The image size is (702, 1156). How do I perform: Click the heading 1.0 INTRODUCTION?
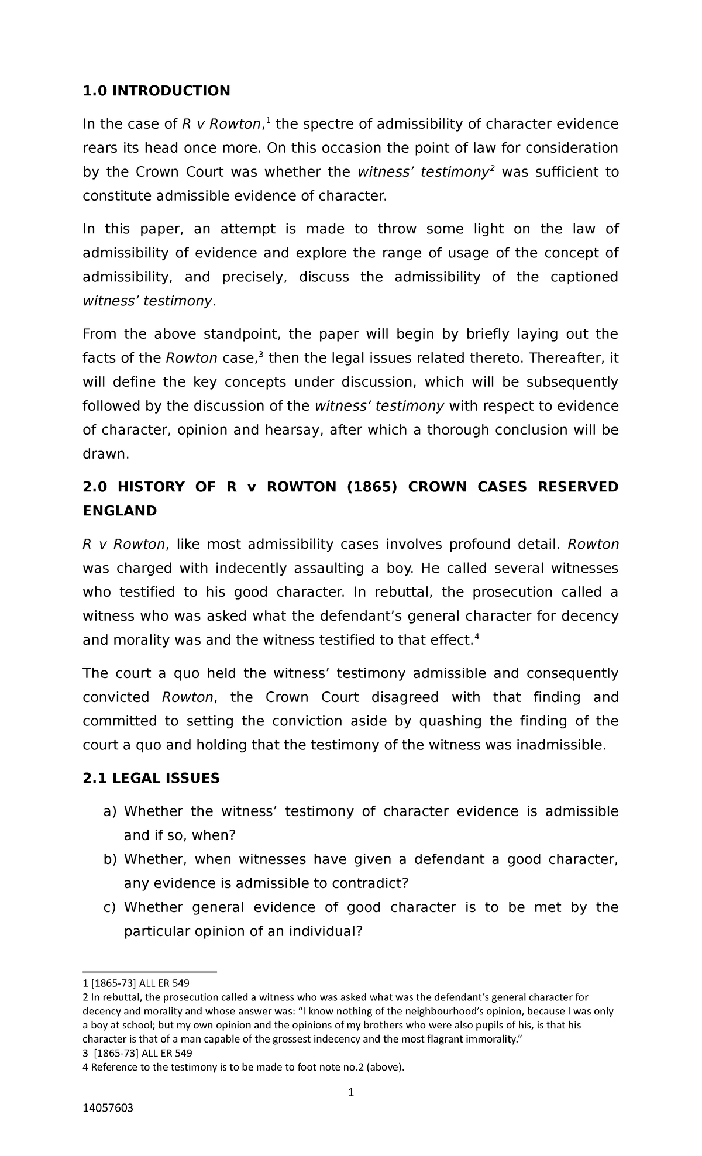[x=156, y=91]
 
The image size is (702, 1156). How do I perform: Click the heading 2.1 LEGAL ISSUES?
[x=151, y=778]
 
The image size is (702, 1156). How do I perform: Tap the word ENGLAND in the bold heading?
[x=120, y=511]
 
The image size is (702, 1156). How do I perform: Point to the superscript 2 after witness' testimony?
[x=492, y=168]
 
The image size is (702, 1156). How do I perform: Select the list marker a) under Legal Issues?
[x=110, y=811]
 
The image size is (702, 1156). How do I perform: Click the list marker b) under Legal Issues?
[x=110, y=859]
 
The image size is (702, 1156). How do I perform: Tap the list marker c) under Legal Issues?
[x=110, y=907]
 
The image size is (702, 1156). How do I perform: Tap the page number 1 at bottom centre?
[x=350, y=1092]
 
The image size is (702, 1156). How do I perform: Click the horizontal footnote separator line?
[x=149, y=972]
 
